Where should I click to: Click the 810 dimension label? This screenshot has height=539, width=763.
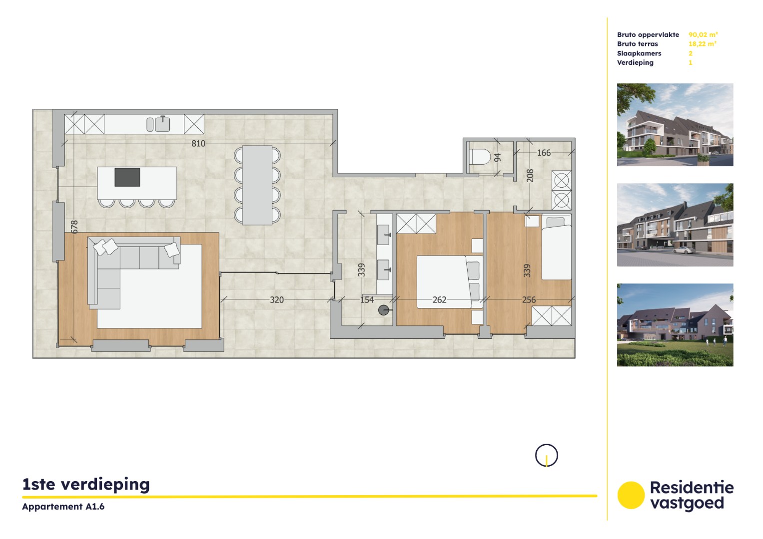pos(198,144)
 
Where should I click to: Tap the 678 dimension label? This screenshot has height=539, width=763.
pos(74,227)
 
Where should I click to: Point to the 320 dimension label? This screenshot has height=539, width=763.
pos(277,300)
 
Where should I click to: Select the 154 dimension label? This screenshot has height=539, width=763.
pos(367,300)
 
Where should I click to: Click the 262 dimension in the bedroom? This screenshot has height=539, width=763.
pos(440,300)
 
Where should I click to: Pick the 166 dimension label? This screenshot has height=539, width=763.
pos(544,153)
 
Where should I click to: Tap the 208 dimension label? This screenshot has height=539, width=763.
pos(530,176)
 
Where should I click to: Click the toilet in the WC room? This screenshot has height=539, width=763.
pos(480,157)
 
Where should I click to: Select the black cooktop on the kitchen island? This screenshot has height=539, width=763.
pos(127,177)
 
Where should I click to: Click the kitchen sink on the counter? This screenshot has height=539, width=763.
pos(162,124)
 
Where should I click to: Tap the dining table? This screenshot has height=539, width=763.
pos(257,185)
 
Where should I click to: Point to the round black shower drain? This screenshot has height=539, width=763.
pos(384,310)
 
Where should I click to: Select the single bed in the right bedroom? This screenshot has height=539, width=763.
pos(556,250)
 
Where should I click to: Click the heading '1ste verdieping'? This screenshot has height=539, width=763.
pos(86,484)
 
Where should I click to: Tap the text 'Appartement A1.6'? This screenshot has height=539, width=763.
pos(63,507)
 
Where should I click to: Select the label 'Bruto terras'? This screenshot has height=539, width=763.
pos(638,44)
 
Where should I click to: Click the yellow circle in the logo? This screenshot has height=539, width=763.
pos(631,495)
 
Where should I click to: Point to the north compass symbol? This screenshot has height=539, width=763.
pos(547,456)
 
